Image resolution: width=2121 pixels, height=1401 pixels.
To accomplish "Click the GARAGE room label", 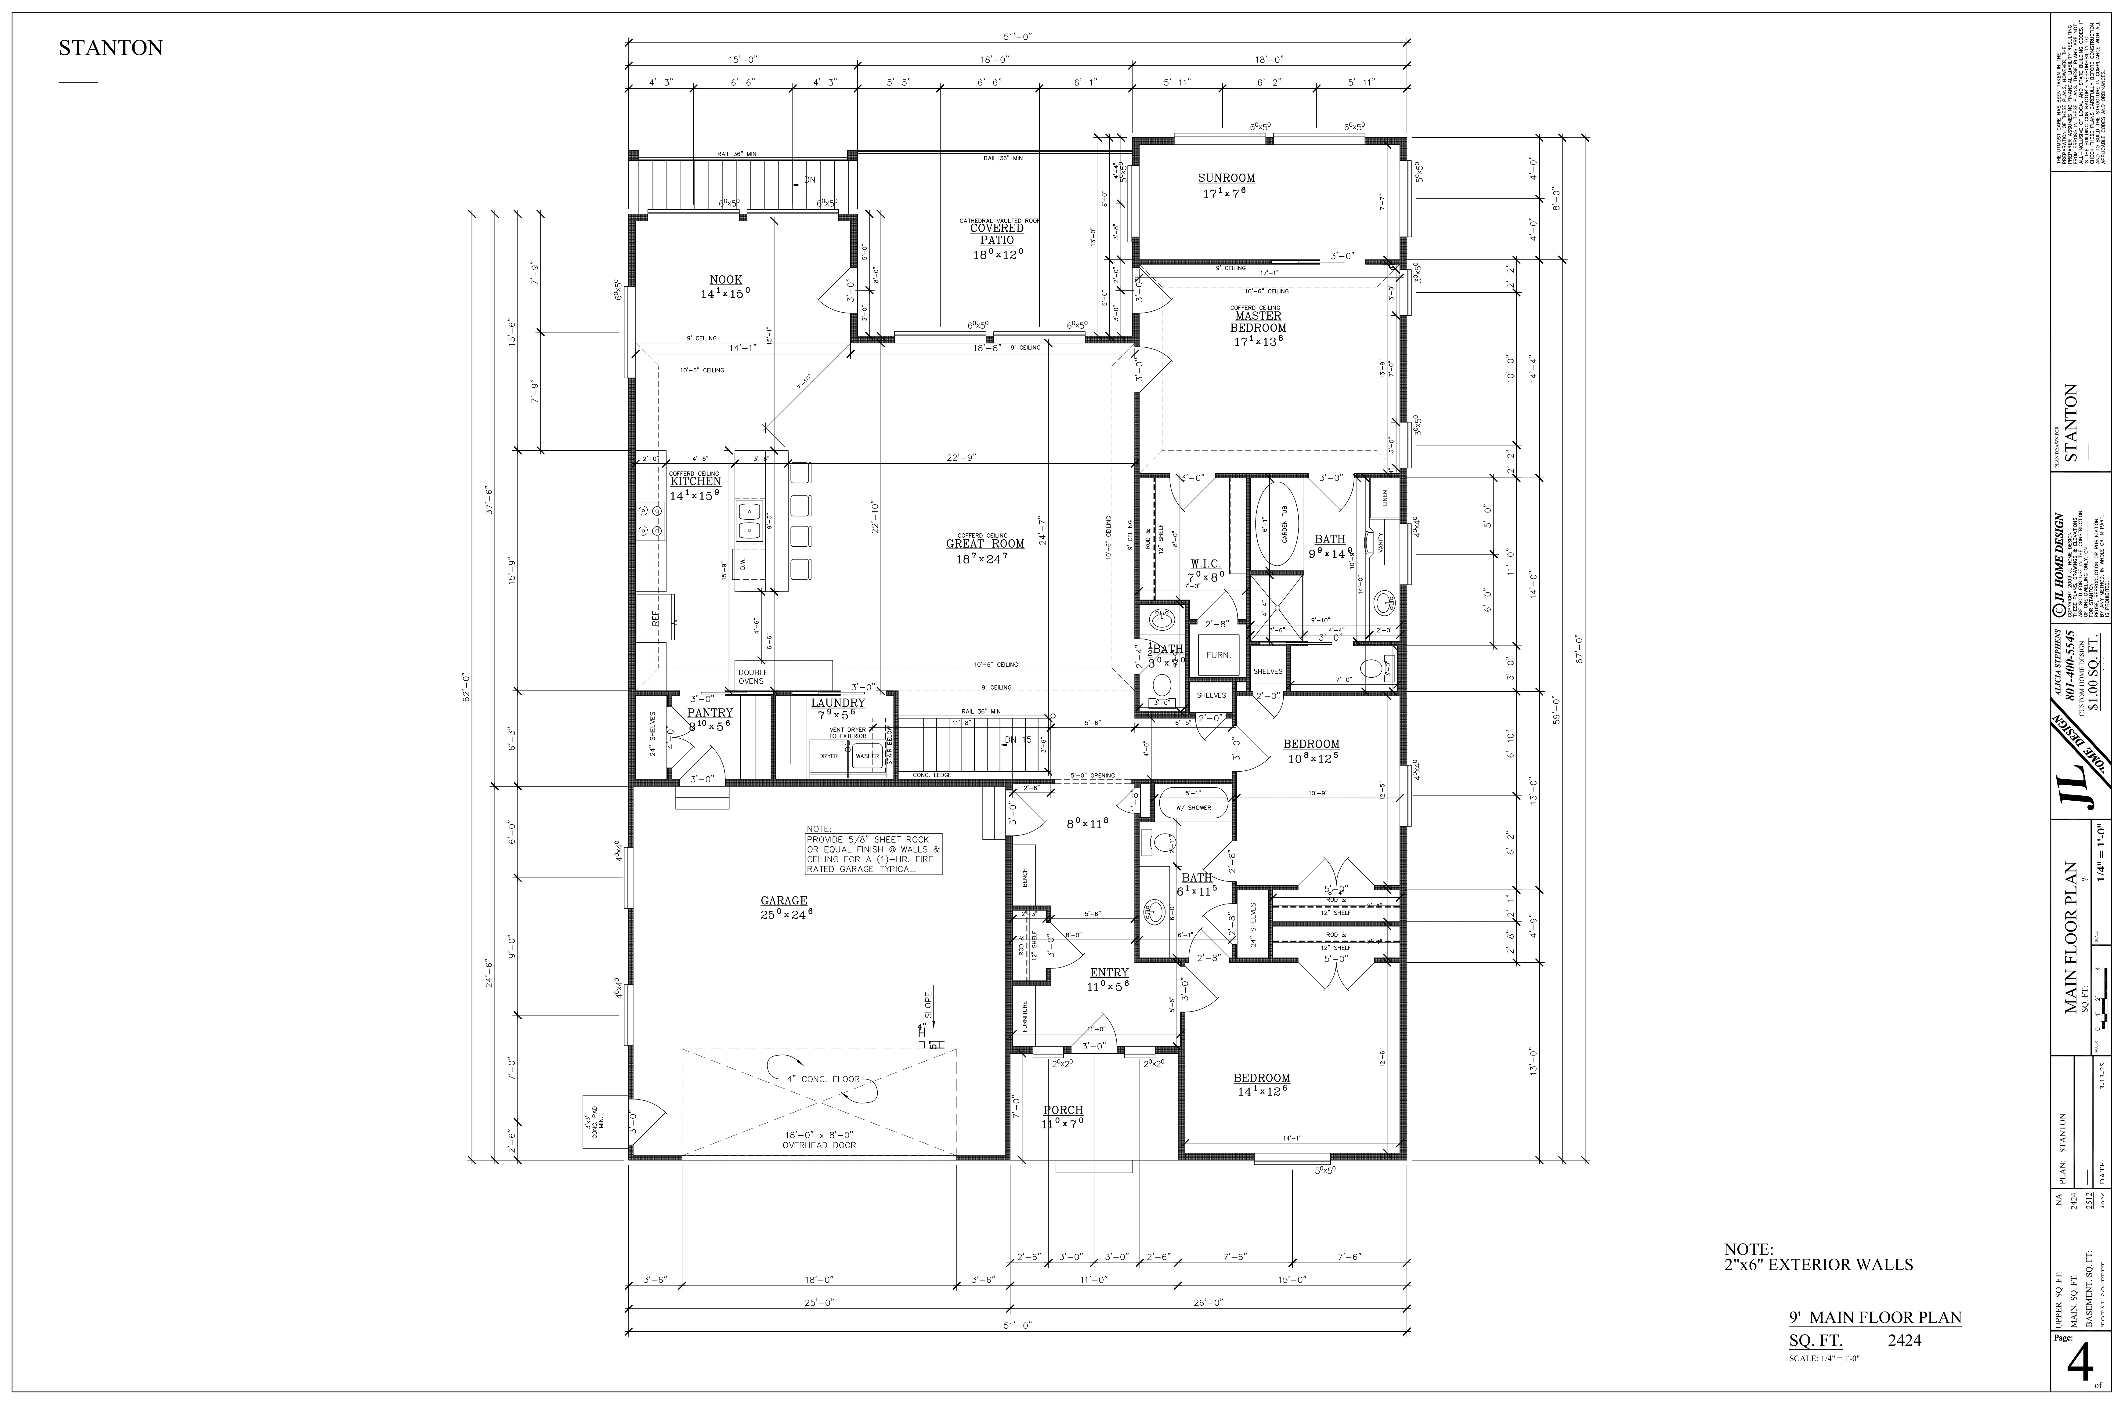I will click(x=783, y=901).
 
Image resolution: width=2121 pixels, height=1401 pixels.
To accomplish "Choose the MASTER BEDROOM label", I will click(x=1258, y=322).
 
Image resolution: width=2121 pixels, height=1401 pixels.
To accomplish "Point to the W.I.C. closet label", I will click(x=1205, y=564).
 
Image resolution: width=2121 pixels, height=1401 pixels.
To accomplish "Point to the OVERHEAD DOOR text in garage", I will click(x=818, y=1146).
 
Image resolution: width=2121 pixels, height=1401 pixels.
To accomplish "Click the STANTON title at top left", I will click(x=111, y=48).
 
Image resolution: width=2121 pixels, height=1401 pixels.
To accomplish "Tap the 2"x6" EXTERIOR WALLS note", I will click(x=1818, y=1264).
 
